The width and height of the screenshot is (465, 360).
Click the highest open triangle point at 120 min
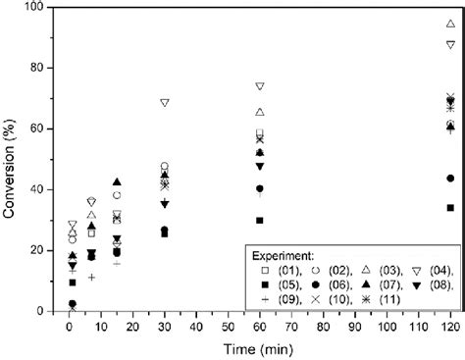tap(450, 23)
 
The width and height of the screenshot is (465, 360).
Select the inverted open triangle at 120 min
tap(450, 44)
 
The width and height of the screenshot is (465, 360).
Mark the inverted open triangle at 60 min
tap(260, 86)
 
